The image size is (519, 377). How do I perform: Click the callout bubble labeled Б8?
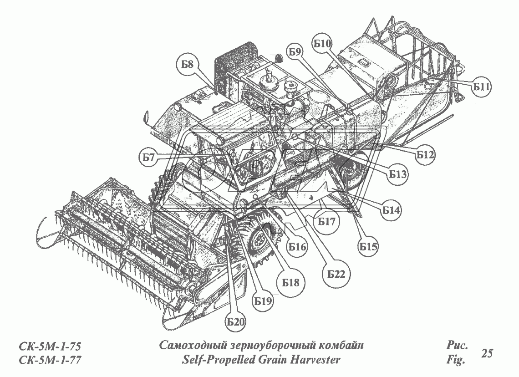pyautogui.click(x=187, y=64)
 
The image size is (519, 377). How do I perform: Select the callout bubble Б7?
pyautogui.click(x=148, y=157)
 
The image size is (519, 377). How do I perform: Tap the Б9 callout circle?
pyautogui.click(x=295, y=52)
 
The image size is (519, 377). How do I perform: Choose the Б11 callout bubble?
pyautogui.click(x=480, y=88)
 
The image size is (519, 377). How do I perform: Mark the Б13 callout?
pyautogui.click(x=398, y=173)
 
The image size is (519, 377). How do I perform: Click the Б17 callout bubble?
pyautogui.click(x=326, y=222)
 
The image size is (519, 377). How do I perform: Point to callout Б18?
pyautogui.click(x=290, y=282)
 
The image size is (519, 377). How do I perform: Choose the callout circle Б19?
pyautogui.click(x=263, y=301)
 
